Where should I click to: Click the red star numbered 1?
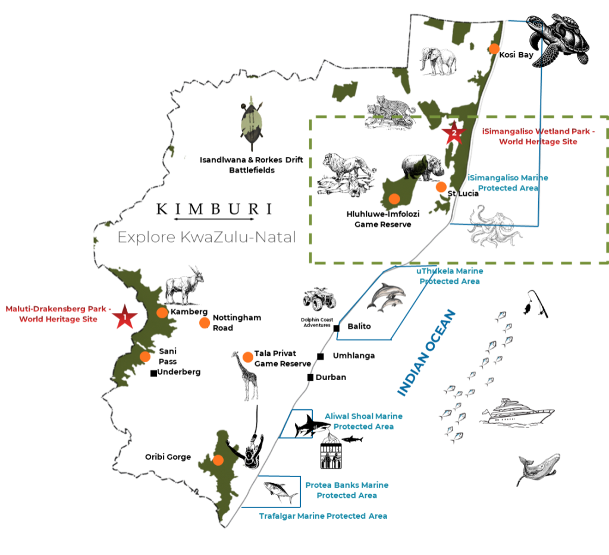pos(125,317)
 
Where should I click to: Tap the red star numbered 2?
pos(454,132)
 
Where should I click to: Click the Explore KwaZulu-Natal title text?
pos(206,237)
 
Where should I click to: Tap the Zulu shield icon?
pos(252,121)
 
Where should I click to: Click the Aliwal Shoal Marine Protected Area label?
pos(363,421)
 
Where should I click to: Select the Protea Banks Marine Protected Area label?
pos(347,490)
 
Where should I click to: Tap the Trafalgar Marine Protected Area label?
pos(323,516)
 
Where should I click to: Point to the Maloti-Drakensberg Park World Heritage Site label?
pos(58,313)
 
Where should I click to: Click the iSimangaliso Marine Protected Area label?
pos(508,183)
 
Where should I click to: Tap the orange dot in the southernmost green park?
pos(218,460)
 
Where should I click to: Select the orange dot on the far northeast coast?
pos(493,49)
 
